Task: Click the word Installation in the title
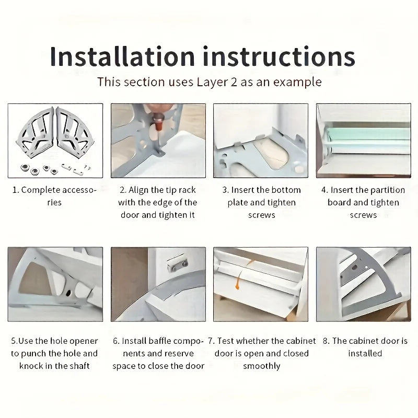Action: pyautogui.click(x=122, y=56)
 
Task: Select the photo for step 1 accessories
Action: pyautogui.click(x=55, y=140)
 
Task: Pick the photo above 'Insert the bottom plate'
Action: pyautogui.click(x=261, y=140)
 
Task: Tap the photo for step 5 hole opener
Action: pyautogui.click(x=55, y=284)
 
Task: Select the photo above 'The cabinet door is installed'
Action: pyautogui.click(x=363, y=284)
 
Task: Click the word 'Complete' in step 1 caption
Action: pyautogui.click(x=41, y=190)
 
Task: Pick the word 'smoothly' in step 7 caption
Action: pyautogui.click(x=261, y=366)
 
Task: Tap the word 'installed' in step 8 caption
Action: pyautogui.click(x=365, y=353)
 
